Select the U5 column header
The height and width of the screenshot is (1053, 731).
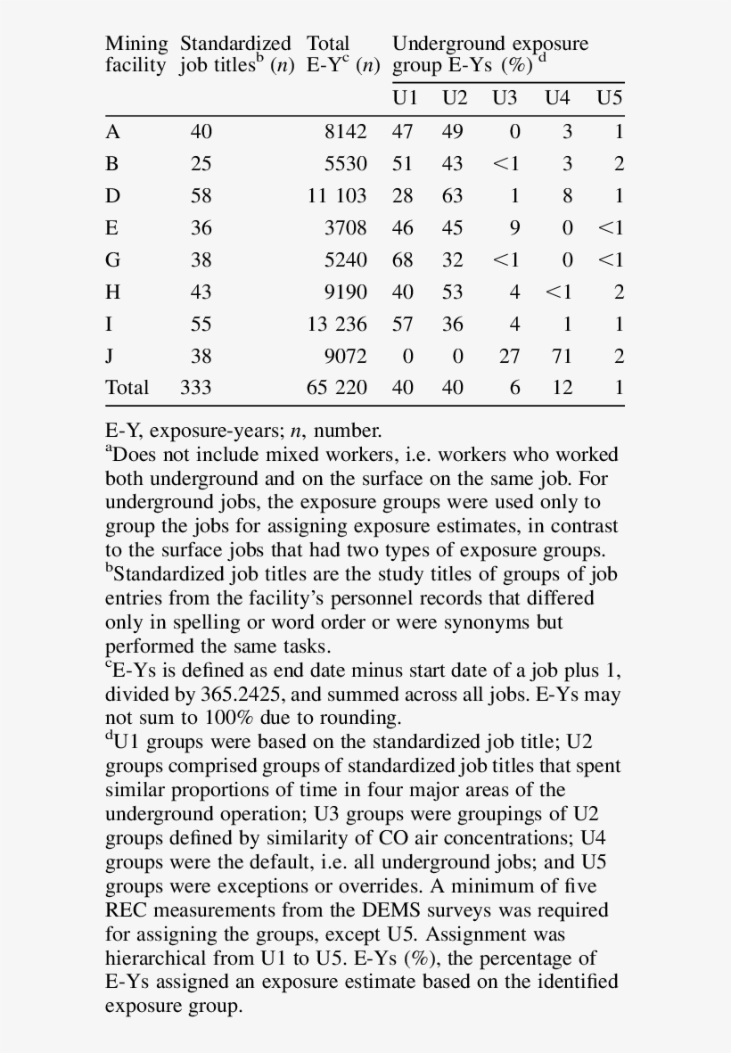pyautogui.click(x=609, y=98)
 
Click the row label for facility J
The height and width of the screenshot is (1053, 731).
pyautogui.click(x=110, y=356)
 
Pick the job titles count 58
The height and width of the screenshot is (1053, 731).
pyautogui.click(x=201, y=196)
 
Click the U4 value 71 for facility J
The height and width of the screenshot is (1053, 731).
pyautogui.click(x=561, y=356)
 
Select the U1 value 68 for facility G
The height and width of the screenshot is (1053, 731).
pyautogui.click(x=403, y=260)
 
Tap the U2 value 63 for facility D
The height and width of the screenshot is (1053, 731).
pyautogui.click(x=453, y=196)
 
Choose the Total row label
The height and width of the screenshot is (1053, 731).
pyautogui.click(x=127, y=388)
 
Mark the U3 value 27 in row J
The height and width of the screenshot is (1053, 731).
pyautogui.click(x=507, y=356)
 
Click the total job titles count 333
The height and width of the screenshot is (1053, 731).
pyautogui.click(x=196, y=388)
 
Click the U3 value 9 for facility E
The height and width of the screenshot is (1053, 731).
pyautogui.click(x=514, y=228)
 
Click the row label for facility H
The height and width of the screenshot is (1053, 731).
pyautogui.click(x=111, y=292)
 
